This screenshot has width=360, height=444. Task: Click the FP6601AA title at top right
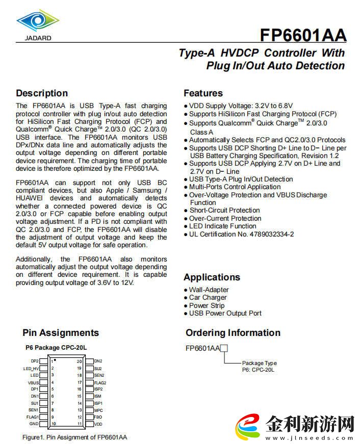pyautogui.click(x=303, y=35)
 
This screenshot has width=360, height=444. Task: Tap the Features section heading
pyautogui.click(x=203, y=93)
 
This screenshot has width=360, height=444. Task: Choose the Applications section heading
pyautogui.click(x=212, y=277)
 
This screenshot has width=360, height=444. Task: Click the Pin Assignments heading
pyautogui.click(x=61, y=333)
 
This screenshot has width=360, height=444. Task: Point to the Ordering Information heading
pyautogui.click(x=233, y=333)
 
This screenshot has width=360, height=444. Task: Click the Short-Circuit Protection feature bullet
pyautogui.click(x=224, y=211)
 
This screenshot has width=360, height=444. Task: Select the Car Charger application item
pyautogui.click(x=208, y=298)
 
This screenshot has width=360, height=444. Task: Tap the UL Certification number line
pyautogui.click(x=241, y=234)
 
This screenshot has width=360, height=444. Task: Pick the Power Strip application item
pyautogui.click(x=208, y=305)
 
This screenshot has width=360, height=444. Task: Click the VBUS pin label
pyautogui.click(x=33, y=382)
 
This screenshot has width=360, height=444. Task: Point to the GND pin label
pyautogui.click(x=34, y=424)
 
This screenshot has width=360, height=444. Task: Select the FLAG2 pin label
pyautogui.click(x=100, y=382)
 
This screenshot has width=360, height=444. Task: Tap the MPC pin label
pyautogui.click(x=98, y=410)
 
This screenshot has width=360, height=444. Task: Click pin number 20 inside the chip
pyautogui.click(x=80, y=361)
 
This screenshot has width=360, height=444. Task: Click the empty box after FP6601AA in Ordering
pyautogui.click(x=224, y=348)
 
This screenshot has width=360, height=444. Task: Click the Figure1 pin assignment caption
pyautogui.click(x=74, y=437)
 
